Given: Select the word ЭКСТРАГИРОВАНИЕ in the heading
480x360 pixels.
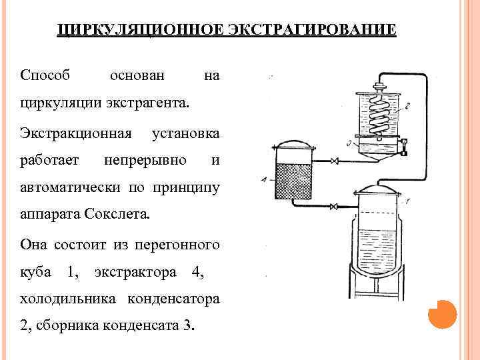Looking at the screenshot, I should tap(311, 31).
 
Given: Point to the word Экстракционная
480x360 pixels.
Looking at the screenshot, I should tap(75, 132).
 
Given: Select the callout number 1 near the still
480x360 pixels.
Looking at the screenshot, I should tap(407, 200).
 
